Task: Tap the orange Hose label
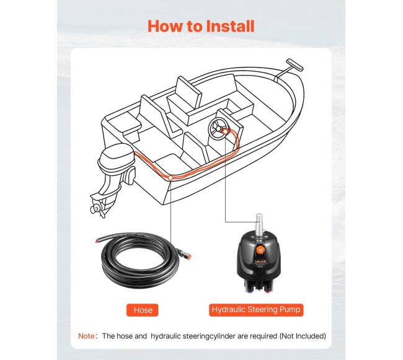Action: point(143,310)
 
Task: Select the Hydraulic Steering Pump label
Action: point(256,310)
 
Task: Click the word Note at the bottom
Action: point(86,336)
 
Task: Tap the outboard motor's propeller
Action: point(97,209)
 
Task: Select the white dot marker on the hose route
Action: point(170,177)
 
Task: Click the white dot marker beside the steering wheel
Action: point(225,131)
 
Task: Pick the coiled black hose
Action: point(141,260)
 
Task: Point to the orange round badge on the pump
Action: point(260,250)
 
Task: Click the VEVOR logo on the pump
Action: point(260,262)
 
